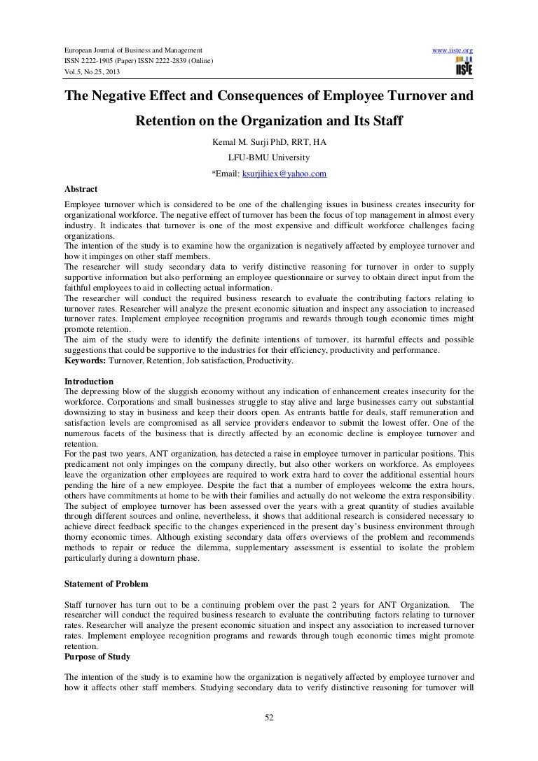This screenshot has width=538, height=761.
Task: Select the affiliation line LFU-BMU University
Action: pos(269,158)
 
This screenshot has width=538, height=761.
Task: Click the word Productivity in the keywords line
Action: pos(270,361)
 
